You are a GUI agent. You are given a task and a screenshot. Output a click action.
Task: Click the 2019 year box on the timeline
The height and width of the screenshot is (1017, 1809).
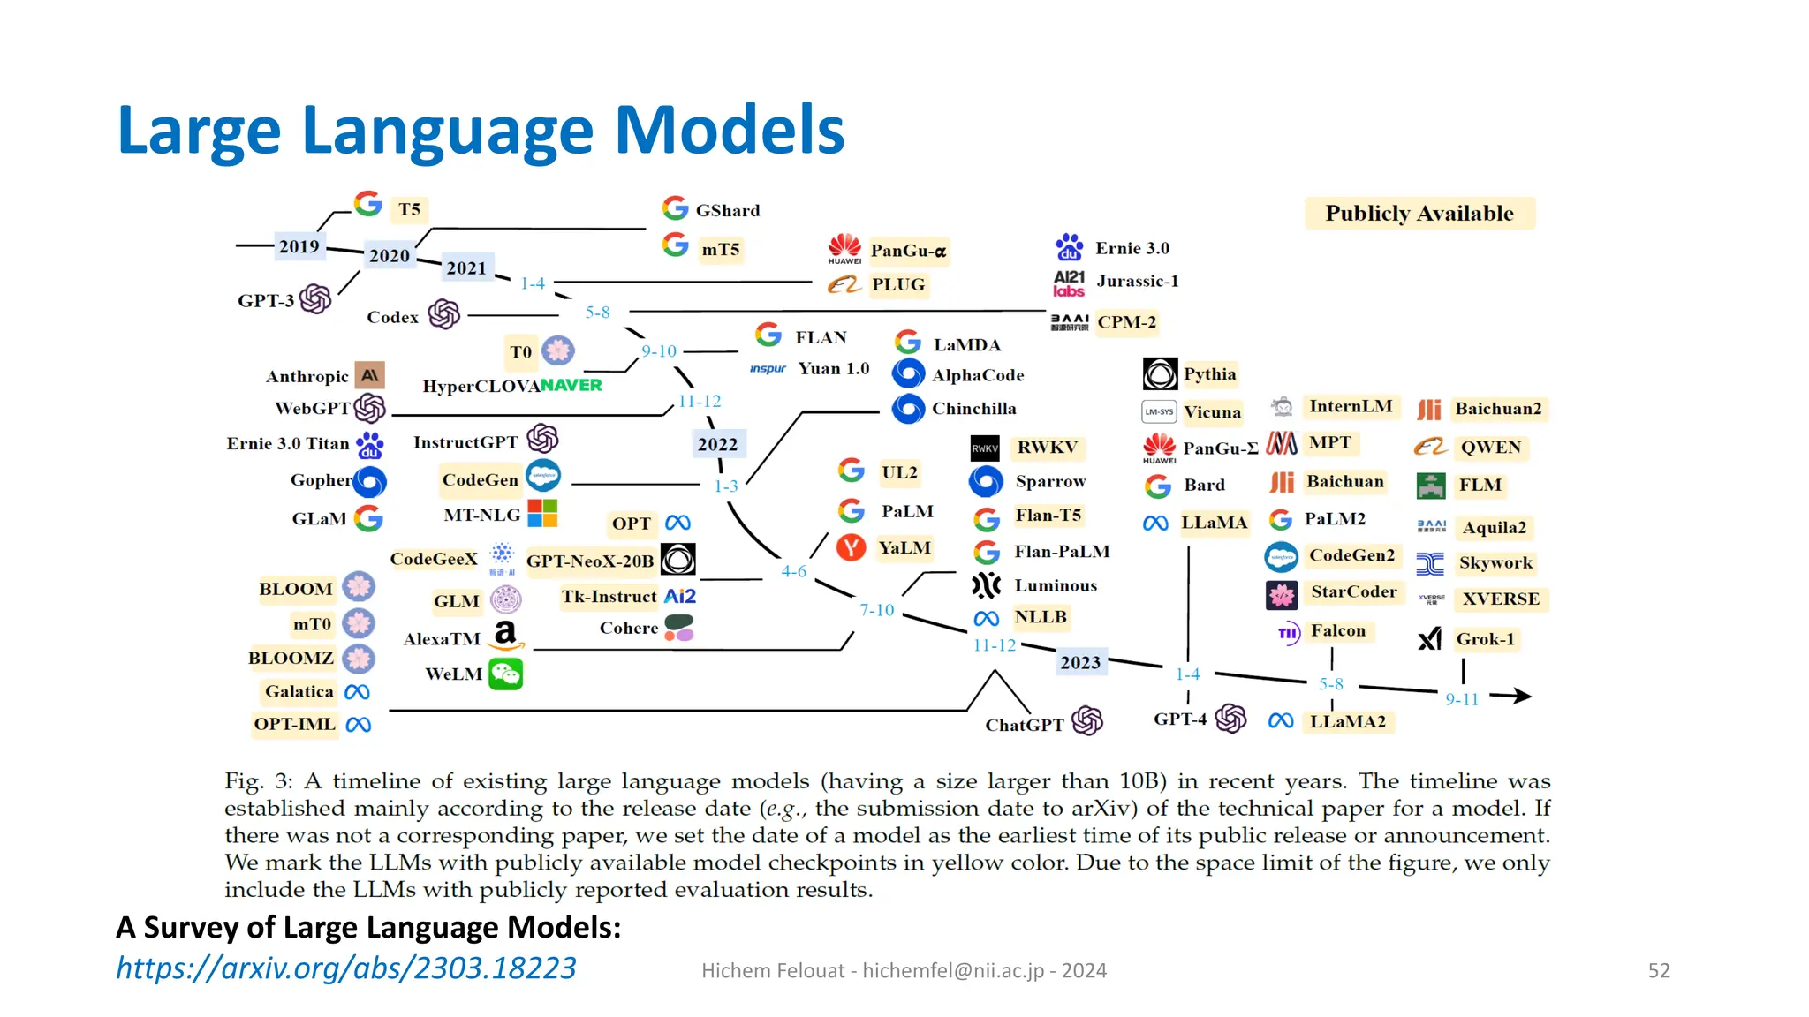tap(299, 246)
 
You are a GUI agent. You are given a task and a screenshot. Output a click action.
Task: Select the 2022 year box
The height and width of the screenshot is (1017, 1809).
tap(717, 444)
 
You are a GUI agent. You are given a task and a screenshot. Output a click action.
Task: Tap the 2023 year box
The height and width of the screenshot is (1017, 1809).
tap(1080, 662)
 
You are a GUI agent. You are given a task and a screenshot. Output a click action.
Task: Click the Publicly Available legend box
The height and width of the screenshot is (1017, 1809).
tap(1419, 214)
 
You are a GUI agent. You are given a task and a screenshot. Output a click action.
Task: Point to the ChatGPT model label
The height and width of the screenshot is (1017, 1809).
tap(1024, 725)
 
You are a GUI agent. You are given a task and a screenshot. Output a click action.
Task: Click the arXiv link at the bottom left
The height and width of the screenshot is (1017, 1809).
tap(346, 968)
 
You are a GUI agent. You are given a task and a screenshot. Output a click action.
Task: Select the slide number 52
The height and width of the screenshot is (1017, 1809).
tap(1658, 970)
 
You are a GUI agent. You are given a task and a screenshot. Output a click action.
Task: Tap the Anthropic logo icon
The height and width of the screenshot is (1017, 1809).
tap(370, 375)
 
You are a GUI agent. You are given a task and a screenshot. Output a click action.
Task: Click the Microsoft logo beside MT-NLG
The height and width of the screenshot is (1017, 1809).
tap(542, 513)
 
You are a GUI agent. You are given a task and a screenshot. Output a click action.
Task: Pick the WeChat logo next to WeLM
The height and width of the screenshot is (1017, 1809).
tap(506, 674)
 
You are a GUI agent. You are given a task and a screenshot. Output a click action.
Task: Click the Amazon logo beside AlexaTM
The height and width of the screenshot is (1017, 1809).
tap(505, 635)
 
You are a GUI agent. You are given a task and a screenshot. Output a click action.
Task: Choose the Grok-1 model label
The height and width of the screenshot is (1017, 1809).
tap(1485, 638)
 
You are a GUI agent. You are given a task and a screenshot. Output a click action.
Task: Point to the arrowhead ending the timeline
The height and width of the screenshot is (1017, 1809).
tap(1521, 696)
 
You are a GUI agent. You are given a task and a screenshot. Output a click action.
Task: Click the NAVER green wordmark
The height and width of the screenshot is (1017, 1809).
tap(571, 385)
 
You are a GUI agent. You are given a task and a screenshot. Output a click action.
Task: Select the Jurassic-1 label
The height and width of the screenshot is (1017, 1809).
tap(1137, 281)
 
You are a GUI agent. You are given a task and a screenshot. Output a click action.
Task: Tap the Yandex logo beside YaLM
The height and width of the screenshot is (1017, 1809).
tap(851, 547)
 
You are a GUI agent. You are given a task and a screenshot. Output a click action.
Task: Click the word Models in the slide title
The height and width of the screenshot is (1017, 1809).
tap(729, 130)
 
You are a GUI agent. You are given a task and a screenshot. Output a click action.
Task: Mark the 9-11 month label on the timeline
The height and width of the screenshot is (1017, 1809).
tap(1461, 699)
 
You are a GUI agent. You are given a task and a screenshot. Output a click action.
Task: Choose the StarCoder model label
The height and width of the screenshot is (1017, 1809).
tap(1353, 591)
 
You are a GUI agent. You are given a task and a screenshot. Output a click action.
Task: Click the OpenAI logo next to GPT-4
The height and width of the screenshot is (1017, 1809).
tap(1230, 719)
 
